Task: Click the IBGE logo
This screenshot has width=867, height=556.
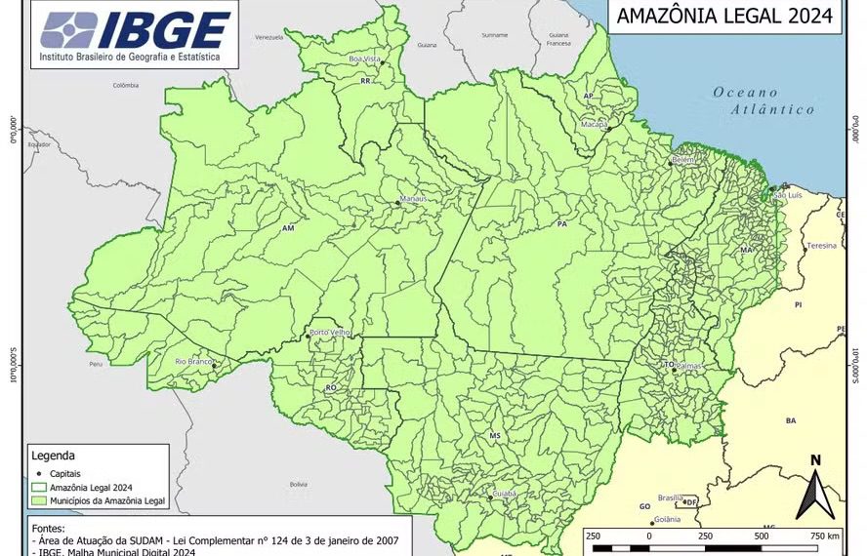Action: click(136, 35)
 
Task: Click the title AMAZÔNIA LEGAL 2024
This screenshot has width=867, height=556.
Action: click(724, 16)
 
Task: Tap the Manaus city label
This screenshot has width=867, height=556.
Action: click(414, 200)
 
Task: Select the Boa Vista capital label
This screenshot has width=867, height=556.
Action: click(365, 60)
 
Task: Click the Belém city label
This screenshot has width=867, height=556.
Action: click(682, 159)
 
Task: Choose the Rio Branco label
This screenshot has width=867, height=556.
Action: click(193, 362)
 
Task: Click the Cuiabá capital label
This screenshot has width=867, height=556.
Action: click(504, 495)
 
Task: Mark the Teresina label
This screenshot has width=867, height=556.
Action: click(821, 246)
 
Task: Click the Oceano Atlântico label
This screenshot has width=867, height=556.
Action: click(763, 101)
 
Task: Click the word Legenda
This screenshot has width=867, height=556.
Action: click(54, 456)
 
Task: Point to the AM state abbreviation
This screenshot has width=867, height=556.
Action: click(288, 229)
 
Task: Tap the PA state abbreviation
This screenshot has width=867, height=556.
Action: click(561, 223)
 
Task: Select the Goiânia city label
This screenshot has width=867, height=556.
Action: click(668, 520)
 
